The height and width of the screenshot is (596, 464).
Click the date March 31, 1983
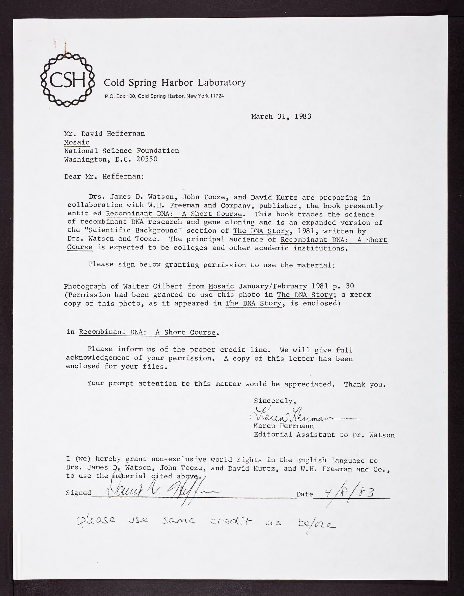tap(281, 117)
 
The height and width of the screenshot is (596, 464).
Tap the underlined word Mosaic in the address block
tap(77, 142)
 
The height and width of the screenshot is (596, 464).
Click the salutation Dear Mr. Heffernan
tap(104, 176)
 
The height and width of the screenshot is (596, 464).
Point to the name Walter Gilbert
tap(153, 286)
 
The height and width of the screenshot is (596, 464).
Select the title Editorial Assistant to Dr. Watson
tap(324, 435)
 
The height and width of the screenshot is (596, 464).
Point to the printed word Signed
tap(79, 493)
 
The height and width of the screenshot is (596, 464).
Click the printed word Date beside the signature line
tap(305, 494)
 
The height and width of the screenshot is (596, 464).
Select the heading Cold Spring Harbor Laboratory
tap(175, 83)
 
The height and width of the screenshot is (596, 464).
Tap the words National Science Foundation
tap(122, 151)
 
